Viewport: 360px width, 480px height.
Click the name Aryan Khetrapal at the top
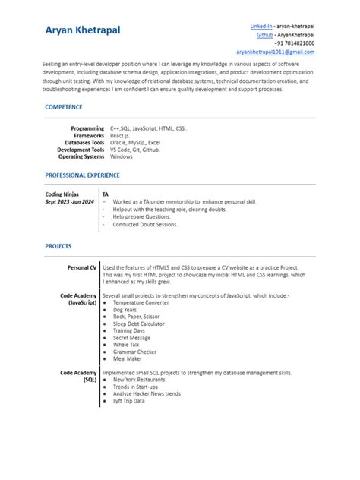click(82, 30)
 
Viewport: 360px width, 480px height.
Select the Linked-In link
click(261, 27)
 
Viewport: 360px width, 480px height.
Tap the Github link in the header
click(265, 35)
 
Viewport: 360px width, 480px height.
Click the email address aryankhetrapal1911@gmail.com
click(275, 52)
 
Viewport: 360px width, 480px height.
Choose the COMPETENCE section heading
click(64, 107)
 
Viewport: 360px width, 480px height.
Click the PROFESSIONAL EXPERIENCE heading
click(82, 175)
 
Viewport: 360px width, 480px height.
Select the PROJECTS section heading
click(58, 246)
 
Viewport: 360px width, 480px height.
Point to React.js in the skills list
click(122, 135)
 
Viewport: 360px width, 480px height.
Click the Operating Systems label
click(81, 156)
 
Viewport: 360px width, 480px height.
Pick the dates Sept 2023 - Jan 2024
click(70, 202)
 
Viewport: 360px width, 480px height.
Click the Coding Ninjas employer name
click(62, 194)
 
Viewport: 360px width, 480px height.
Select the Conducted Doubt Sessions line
click(144, 225)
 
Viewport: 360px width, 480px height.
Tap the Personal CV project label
click(82, 267)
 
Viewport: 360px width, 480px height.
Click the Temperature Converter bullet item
click(141, 302)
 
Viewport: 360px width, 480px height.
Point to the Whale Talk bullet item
click(126, 344)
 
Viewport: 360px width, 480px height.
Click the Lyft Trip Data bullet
click(129, 401)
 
